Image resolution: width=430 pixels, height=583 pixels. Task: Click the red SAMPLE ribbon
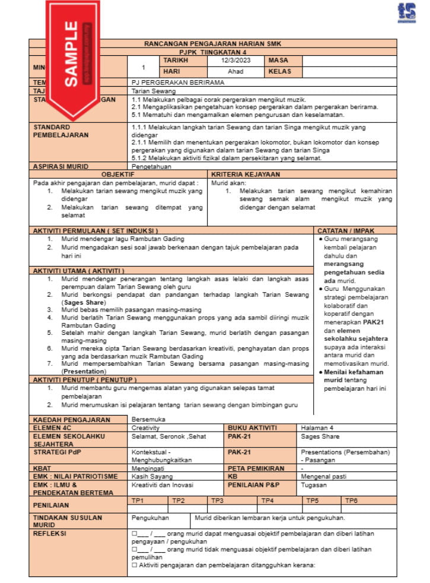tap(71, 56)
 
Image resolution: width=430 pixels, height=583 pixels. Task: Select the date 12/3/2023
tap(235, 61)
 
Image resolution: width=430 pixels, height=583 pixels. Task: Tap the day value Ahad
tap(235, 71)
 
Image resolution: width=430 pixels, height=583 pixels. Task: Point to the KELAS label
tap(280, 71)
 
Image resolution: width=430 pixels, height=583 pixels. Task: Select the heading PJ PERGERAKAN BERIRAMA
tap(178, 83)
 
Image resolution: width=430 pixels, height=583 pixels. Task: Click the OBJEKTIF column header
tap(118, 175)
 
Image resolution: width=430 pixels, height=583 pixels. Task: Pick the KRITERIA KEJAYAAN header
tap(246, 175)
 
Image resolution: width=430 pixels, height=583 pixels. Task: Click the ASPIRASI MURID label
tap(57, 167)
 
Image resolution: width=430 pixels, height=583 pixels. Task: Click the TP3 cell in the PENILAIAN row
tap(217, 500)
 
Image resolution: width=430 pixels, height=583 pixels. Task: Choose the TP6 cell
tap(352, 500)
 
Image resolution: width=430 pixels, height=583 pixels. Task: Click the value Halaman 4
tap(317, 427)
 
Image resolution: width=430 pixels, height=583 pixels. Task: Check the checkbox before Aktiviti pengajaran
tap(134, 565)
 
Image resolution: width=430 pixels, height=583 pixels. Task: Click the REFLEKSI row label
tap(50, 533)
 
